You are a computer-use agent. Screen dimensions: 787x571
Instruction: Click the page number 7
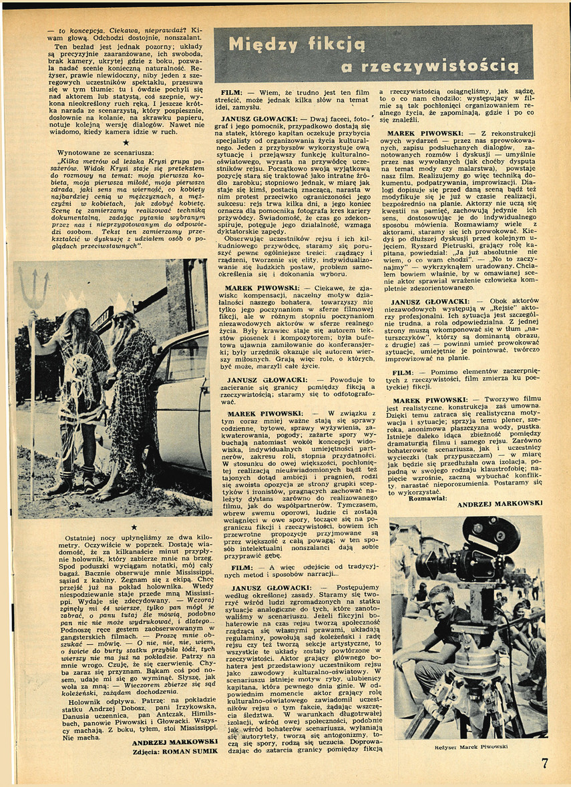pos(544,762)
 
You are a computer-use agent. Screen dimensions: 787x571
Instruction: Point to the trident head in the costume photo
pos(33,288)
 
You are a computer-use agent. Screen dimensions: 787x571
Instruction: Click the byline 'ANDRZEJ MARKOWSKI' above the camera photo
pos(500,505)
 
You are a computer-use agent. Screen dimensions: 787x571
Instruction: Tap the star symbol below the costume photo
pos(134,527)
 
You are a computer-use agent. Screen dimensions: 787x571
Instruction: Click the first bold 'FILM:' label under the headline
pos(234,92)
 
